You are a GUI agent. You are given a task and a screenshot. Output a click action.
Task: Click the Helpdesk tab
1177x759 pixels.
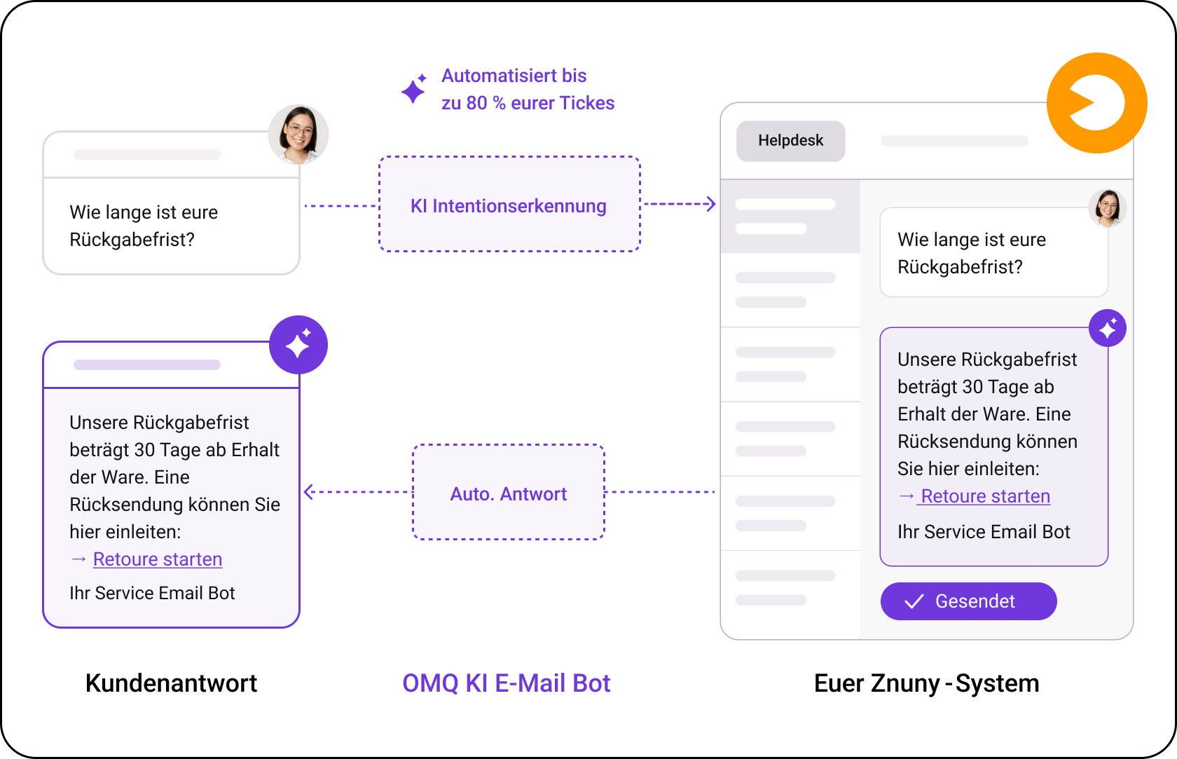790,141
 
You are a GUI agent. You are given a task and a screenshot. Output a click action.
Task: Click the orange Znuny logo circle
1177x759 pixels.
1096,103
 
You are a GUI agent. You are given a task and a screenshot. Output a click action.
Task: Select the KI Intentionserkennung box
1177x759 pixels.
509,204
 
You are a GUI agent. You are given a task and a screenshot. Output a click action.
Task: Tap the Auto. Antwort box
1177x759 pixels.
509,492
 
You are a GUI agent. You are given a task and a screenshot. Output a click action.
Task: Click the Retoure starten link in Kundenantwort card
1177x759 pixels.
158,559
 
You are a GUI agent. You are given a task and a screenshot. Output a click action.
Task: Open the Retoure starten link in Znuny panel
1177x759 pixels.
985,496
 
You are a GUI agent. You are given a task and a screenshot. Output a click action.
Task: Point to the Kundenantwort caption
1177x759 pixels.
171,683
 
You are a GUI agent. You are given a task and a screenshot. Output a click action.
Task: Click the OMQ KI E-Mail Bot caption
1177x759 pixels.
506,683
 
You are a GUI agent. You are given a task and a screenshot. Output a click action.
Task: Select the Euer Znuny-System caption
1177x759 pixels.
926,683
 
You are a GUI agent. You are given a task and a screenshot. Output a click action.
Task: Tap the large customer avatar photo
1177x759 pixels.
298,135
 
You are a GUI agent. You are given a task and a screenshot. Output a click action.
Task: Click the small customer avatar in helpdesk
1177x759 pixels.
1107,208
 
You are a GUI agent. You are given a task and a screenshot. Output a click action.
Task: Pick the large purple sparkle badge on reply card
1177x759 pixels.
298,345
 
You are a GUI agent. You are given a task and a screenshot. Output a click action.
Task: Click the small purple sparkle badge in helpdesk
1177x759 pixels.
1108,328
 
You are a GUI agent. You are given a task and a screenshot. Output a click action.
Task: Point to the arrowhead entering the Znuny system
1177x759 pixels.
711,204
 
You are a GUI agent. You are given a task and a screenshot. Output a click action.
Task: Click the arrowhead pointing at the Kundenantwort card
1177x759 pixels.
309,492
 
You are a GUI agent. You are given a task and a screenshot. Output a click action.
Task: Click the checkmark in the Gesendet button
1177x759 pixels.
914,601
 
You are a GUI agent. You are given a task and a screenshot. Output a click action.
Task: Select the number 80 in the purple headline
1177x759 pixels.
476,103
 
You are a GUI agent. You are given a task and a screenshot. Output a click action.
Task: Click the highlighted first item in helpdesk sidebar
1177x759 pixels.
790,217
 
